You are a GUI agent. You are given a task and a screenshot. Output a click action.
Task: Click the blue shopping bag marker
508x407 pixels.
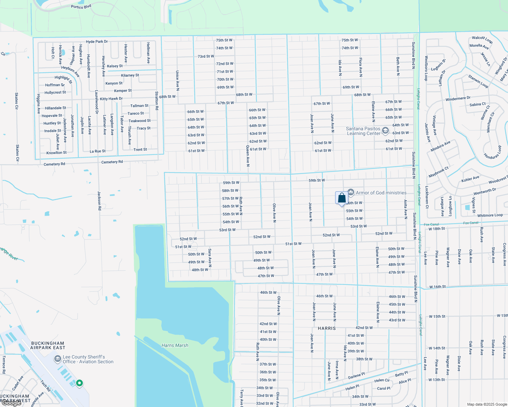click(342, 198)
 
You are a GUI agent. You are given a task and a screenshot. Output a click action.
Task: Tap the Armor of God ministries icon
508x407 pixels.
click(351, 192)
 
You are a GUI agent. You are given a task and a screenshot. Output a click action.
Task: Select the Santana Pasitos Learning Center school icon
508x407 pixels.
click(385, 131)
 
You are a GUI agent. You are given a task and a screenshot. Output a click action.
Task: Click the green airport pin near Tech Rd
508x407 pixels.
click(79, 383)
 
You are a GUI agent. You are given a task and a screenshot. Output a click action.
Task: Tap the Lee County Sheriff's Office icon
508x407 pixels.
click(58, 359)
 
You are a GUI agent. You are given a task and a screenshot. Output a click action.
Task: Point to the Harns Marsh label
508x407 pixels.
click(175, 345)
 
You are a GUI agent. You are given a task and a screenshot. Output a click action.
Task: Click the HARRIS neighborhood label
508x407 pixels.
click(327, 328)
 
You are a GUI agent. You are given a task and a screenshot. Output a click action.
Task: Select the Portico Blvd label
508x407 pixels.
click(81, 7)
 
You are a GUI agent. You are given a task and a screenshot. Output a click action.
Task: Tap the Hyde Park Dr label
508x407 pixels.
click(97, 42)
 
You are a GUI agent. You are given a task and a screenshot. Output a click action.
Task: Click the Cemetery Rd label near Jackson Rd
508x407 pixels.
click(112, 162)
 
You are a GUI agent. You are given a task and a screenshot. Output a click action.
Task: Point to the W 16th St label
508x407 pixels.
click(437, 287)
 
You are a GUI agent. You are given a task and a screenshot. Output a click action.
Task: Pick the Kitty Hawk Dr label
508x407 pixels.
click(111, 99)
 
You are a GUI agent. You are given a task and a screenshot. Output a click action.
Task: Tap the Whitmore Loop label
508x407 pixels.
click(490, 215)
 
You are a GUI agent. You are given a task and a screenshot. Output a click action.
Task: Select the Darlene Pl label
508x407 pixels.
click(356, 376)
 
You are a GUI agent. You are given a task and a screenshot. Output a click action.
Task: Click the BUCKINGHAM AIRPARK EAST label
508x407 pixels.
click(48, 345)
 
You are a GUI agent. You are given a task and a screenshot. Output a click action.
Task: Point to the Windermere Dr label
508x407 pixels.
click(458, 99)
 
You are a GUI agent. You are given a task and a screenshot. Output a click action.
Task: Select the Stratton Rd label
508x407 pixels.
click(157, 101)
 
